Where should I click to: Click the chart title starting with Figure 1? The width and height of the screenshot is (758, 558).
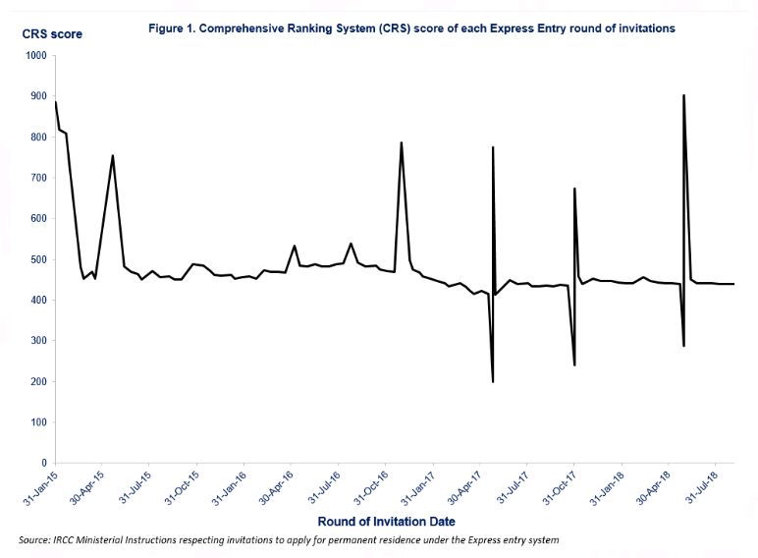pos(411,28)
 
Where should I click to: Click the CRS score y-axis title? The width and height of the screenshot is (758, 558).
pos(52,35)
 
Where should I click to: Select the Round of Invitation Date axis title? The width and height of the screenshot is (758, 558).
pos(387,521)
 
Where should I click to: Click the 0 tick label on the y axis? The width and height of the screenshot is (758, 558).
pos(44,463)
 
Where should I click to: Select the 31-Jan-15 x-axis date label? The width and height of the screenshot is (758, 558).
pos(39,487)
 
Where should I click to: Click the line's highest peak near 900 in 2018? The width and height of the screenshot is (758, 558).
pos(683,95)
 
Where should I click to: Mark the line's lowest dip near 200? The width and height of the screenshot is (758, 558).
pos(493,381)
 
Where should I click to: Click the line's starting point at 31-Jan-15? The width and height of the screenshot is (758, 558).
pos(56,102)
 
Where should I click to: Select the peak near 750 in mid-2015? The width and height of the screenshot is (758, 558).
pos(113,156)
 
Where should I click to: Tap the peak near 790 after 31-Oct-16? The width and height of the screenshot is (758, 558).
pos(402,143)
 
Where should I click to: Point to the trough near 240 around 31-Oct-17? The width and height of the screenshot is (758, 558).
pos(574,364)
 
